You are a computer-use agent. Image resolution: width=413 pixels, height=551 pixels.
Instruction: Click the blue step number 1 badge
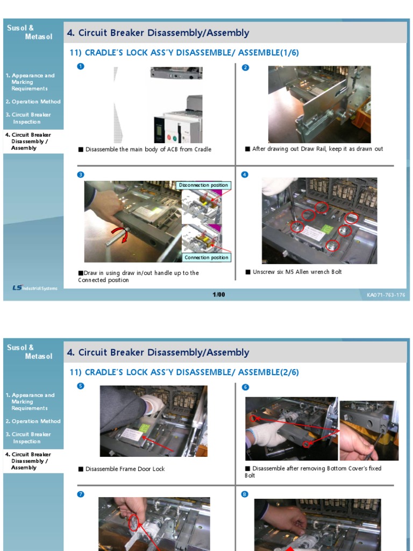[x=81, y=66]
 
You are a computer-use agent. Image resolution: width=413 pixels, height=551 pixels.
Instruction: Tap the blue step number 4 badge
[x=245, y=174]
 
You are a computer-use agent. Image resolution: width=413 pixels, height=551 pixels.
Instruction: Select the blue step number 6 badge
[x=245, y=387]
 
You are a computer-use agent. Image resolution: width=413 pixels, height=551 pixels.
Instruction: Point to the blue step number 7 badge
[x=81, y=494]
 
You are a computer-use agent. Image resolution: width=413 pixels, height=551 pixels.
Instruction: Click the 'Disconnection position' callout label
[x=203, y=185]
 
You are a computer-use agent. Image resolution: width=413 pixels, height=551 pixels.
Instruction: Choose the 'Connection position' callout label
[x=206, y=257]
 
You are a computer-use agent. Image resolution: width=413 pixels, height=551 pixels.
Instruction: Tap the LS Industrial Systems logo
[x=34, y=288]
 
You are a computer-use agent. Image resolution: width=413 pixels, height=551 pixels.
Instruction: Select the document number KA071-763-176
[x=386, y=295]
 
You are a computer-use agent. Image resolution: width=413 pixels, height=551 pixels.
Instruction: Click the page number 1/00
[x=219, y=294]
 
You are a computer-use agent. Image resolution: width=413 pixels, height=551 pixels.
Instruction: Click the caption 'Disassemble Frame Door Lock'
[x=125, y=469]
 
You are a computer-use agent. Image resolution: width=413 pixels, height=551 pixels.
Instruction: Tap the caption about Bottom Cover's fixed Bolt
[x=313, y=471]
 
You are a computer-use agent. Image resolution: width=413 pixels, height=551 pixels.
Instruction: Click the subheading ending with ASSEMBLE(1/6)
[x=184, y=53]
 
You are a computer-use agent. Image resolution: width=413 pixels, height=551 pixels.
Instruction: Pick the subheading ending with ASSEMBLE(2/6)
[x=184, y=372]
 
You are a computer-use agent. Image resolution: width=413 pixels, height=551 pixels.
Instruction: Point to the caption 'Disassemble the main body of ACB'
[x=148, y=150]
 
